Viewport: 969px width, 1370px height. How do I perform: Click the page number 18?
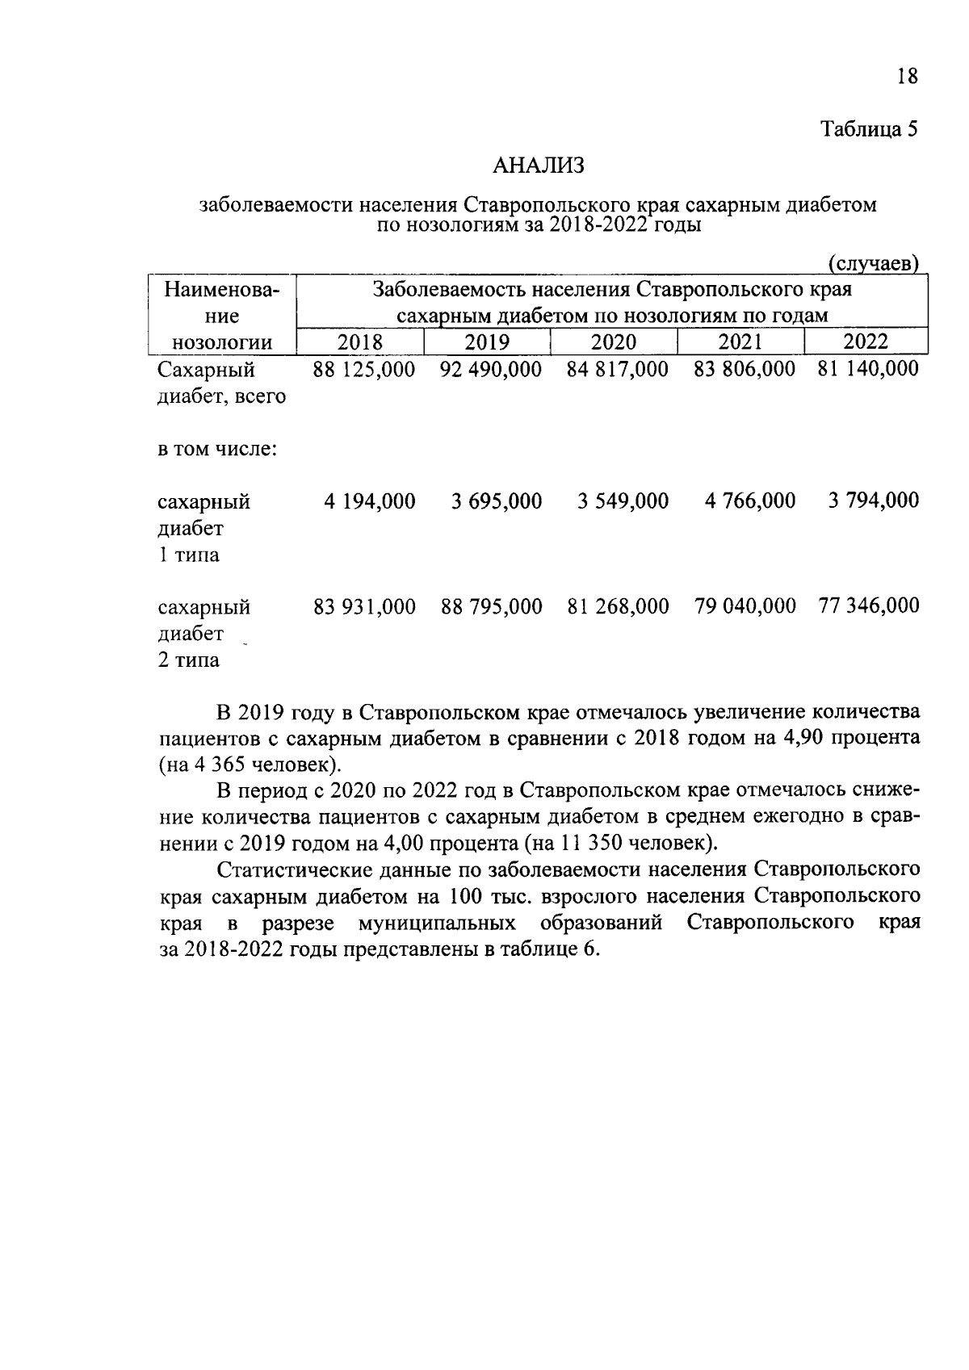tap(907, 77)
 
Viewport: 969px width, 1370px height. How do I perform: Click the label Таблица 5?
tap(870, 129)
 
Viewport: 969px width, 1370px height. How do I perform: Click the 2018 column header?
tap(360, 341)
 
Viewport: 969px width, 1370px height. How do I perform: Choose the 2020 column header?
tap(614, 341)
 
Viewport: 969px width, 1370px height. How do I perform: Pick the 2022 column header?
tap(866, 341)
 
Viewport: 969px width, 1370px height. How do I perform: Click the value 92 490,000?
tap(491, 370)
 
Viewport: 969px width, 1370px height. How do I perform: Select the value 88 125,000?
tap(364, 370)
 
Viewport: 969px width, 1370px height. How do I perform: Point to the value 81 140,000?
tap(868, 369)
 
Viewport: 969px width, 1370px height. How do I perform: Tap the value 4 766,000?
tap(750, 501)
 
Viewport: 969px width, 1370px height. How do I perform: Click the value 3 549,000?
tap(623, 501)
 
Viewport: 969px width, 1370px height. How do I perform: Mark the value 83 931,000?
tap(364, 606)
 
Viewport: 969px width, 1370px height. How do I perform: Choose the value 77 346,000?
tap(869, 605)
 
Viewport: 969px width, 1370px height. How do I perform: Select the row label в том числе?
tap(217, 449)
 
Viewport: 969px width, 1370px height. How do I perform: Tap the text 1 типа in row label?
tap(188, 555)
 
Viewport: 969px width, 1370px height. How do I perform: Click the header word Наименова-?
tap(222, 289)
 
